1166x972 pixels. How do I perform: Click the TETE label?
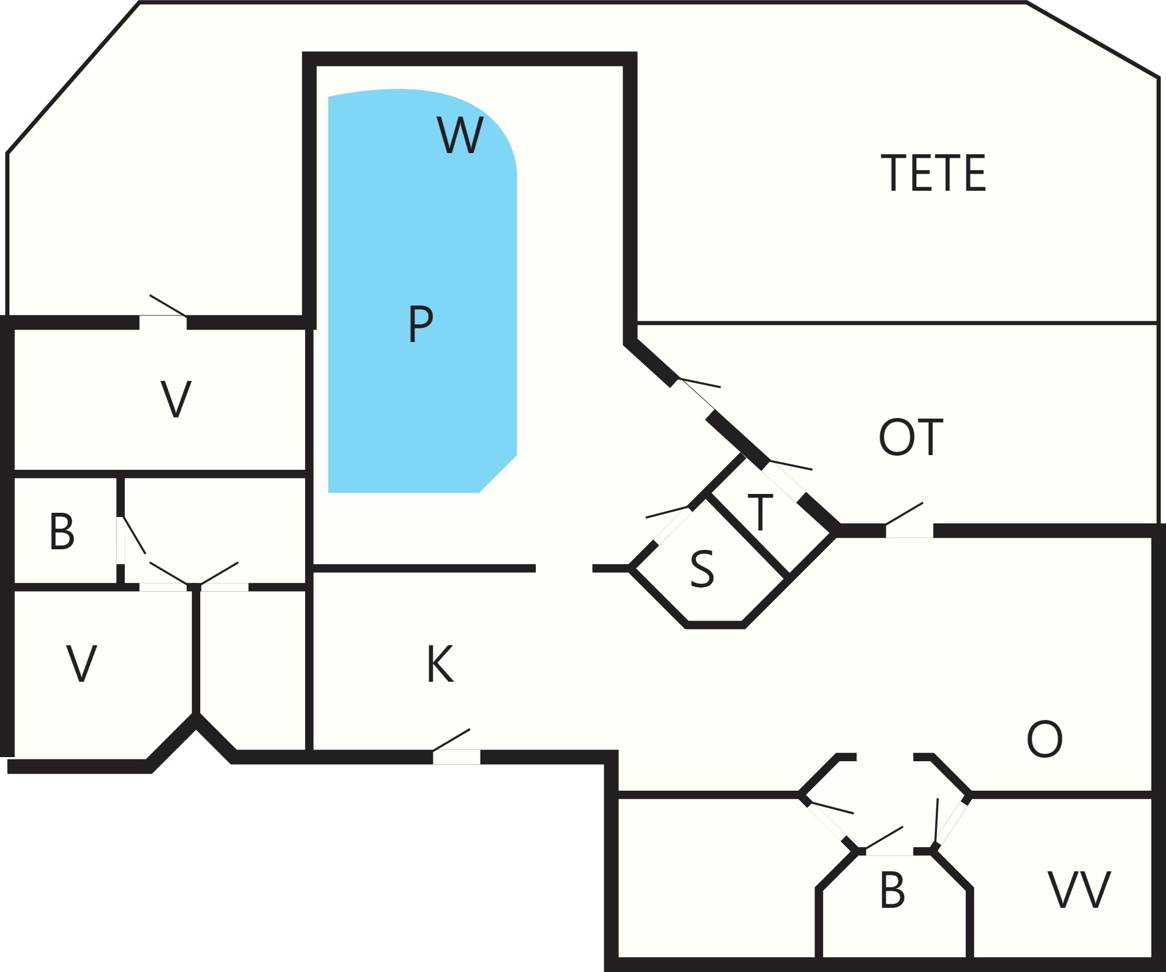pos(933,172)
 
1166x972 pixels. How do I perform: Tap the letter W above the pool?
pos(460,135)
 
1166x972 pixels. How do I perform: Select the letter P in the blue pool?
pos(420,323)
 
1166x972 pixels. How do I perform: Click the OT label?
pos(910,437)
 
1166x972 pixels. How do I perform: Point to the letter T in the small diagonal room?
pos(760,512)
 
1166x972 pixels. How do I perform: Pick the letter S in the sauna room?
pos(702,569)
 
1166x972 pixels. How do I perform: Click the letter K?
pos(440,664)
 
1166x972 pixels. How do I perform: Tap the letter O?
pos(1044,739)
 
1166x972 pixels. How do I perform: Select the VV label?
pos(1079,890)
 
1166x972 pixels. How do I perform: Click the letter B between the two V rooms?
pos(62,532)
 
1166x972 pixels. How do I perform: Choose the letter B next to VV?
pos(892,890)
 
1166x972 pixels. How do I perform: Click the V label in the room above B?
pos(176,400)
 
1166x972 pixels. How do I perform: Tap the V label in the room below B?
pos(81,664)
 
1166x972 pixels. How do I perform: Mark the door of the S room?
pos(672,525)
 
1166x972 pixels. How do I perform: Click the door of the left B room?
pos(121,540)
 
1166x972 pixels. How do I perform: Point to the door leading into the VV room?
pos(950,824)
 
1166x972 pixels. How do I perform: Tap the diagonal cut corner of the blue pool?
pos(498,473)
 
